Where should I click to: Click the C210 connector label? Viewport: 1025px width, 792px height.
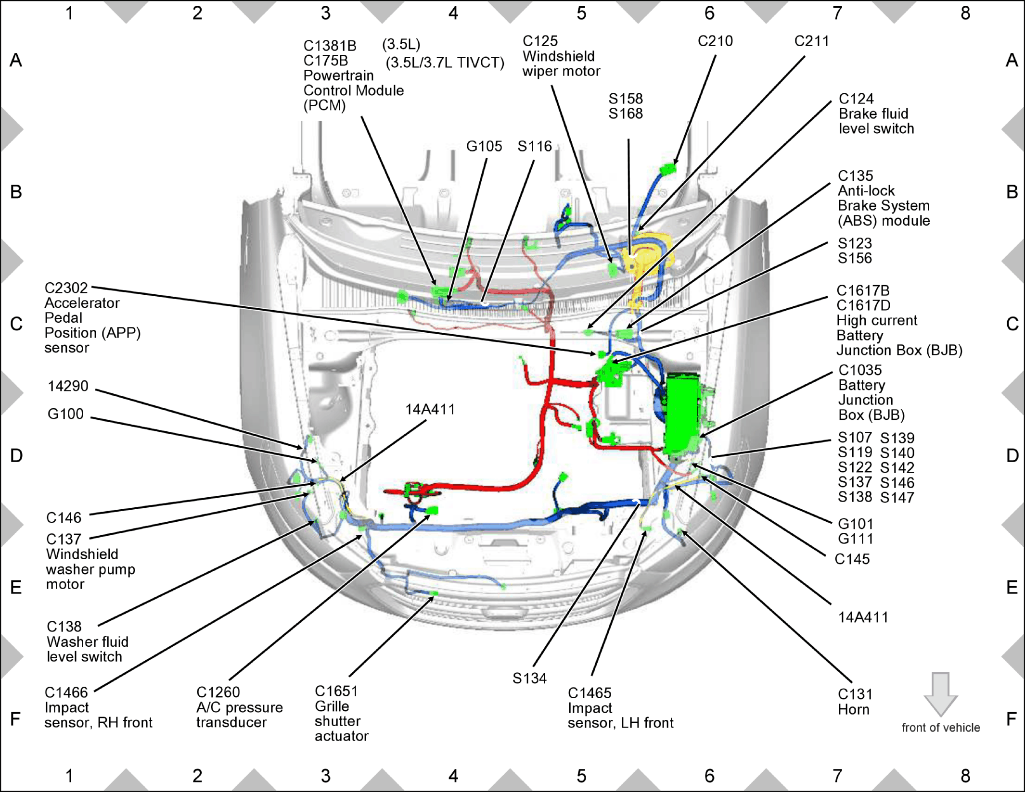(715, 41)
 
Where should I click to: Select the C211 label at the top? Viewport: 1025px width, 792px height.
(811, 41)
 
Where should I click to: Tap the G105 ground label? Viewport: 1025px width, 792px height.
(484, 146)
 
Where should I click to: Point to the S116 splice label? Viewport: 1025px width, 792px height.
(535, 146)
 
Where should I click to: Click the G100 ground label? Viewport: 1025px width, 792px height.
(65, 414)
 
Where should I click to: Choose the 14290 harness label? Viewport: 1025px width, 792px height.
(68, 386)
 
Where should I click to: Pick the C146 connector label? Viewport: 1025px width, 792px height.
(64, 518)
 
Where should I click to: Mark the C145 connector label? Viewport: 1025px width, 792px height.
(852, 559)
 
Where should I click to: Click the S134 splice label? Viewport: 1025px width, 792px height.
(529, 679)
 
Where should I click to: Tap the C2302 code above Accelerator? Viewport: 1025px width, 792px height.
(66, 288)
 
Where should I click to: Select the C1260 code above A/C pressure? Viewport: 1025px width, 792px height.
(218, 692)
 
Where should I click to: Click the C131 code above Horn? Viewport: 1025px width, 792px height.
(855, 694)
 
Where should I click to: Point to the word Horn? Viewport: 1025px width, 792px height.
(854, 710)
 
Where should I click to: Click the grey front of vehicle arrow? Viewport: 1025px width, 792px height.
(941, 694)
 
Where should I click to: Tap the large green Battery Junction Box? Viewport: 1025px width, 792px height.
(681, 414)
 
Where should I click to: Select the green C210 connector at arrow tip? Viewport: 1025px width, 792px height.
(668, 169)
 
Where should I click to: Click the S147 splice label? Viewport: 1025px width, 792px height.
(897, 498)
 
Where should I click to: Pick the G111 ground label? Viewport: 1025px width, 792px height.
(856, 539)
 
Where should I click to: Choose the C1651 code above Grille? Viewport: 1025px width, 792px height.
(336, 691)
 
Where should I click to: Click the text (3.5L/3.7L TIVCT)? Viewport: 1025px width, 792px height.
(445, 63)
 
